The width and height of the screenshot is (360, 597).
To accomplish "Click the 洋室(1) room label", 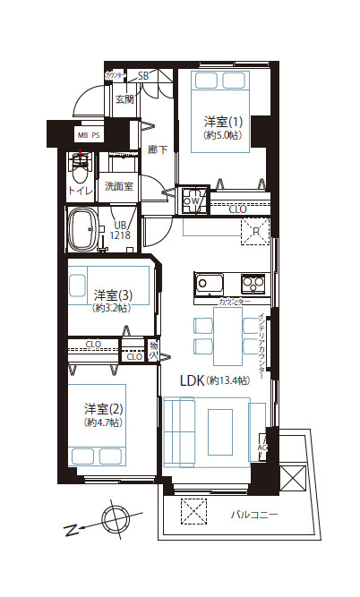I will click(219, 121).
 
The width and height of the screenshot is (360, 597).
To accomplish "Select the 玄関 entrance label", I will click(124, 99).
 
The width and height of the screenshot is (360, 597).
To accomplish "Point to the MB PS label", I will click(89, 136).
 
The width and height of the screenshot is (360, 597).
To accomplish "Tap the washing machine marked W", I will click(191, 201).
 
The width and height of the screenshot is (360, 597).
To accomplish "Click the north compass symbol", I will click(115, 519).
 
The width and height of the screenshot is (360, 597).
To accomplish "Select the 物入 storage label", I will click(153, 349).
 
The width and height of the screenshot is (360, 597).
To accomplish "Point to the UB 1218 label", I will click(119, 231).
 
